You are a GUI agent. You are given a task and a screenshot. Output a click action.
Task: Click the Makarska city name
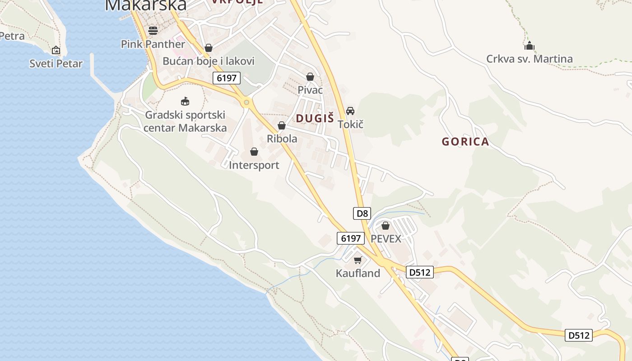(x=145, y=5)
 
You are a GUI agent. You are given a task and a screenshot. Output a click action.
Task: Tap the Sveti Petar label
(x=56, y=64)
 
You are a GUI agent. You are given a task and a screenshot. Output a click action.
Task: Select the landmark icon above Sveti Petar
(x=56, y=50)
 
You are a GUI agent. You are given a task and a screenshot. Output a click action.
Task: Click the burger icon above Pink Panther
(x=153, y=31)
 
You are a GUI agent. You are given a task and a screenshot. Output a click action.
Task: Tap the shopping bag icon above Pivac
(x=310, y=77)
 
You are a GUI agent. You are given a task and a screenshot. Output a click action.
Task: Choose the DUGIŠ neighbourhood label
(x=315, y=119)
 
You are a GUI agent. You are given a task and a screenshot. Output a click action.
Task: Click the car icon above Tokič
(x=350, y=111)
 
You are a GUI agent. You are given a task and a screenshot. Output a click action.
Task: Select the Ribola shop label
(x=282, y=139)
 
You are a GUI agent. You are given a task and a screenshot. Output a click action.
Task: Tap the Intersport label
(x=254, y=165)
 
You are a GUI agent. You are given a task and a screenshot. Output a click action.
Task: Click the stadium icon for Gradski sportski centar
(x=185, y=101)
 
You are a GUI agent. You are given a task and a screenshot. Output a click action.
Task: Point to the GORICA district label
(x=465, y=142)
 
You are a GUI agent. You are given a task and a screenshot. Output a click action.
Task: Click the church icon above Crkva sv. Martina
(x=529, y=46)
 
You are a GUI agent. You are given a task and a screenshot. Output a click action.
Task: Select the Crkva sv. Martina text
(x=529, y=59)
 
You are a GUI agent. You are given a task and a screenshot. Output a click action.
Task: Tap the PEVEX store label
(x=386, y=239)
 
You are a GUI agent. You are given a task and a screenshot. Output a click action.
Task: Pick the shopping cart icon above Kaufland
(x=358, y=260)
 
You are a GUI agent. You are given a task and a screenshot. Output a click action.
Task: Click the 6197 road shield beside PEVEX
(x=350, y=238)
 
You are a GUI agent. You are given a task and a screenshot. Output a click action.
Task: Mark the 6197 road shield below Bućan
(x=227, y=78)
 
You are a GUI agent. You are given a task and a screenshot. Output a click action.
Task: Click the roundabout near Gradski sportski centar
(x=246, y=103)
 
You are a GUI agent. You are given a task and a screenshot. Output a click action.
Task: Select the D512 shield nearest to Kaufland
(x=420, y=272)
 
